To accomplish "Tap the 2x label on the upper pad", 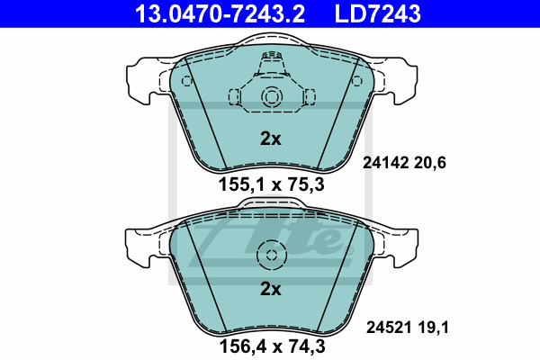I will tap(271, 139).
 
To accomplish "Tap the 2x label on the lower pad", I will tap(271, 289).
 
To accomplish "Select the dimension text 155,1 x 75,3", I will tap(271, 186).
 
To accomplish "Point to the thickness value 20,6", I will tap(430, 163).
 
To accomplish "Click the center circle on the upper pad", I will tap(270, 98).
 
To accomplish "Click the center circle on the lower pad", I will tap(270, 255).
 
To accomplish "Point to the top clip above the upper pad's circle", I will tap(270, 63).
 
